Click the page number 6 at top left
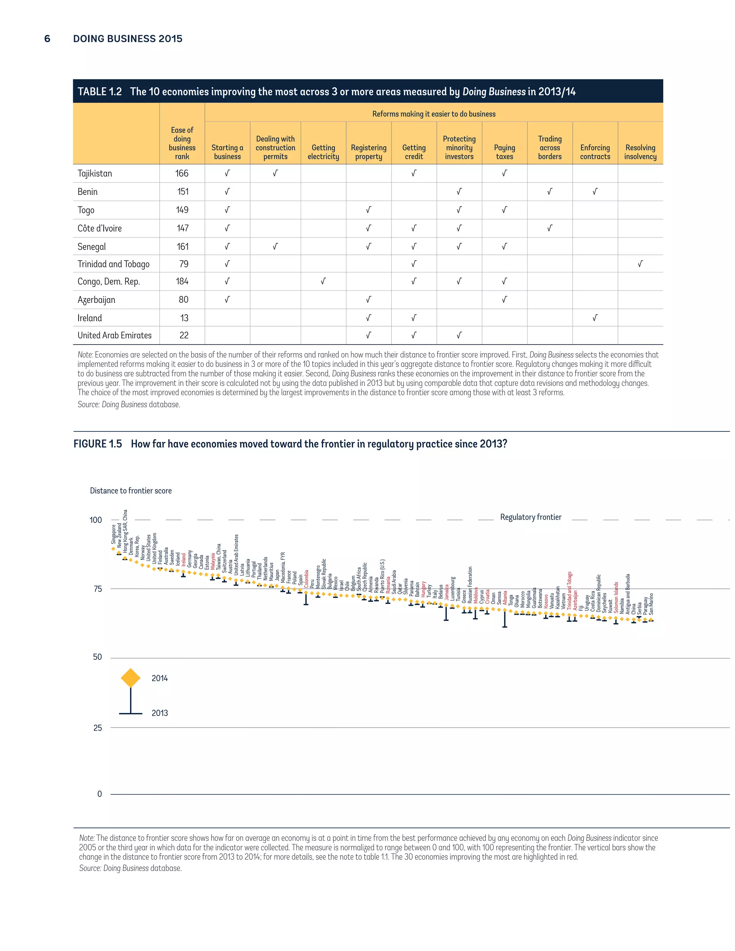(x=47, y=39)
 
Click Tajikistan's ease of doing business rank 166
(x=182, y=173)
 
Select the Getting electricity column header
(x=323, y=152)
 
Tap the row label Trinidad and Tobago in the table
(x=113, y=264)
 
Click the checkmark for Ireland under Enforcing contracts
(x=595, y=318)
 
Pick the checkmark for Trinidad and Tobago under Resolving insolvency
(x=640, y=264)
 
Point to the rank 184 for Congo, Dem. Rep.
(x=182, y=281)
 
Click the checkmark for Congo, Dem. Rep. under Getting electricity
(x=323, y=281)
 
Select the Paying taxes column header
(x=504, y=152)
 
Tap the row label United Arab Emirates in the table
(x=114, y=335)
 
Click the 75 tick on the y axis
(x=98, y=589)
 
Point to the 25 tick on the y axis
(x=98, y=728)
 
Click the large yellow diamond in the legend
(x=131, y=678)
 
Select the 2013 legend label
(x=159, y=713)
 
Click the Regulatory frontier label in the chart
(x=530, y=517)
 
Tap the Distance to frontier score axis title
(x=131, y=491)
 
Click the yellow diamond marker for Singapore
(x=113, y=549)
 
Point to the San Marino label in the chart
(x=651, y=604)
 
